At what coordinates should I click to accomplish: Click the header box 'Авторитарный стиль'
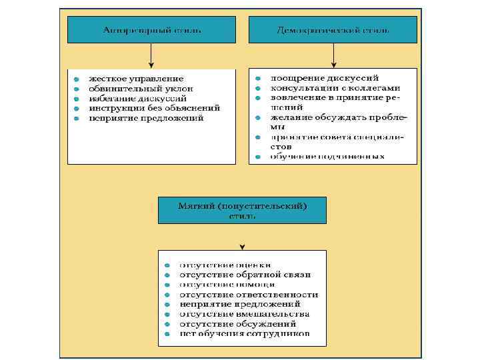151,31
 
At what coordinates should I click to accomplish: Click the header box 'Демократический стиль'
333,31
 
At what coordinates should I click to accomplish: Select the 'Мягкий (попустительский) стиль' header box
242,210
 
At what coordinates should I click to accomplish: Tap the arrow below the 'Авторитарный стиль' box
151,56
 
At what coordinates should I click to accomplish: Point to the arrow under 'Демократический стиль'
333,56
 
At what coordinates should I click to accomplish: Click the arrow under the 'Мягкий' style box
242,237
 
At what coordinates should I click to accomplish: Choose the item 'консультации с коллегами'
335,88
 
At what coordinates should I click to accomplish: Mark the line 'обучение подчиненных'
327,157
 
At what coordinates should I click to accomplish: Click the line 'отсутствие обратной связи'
245,275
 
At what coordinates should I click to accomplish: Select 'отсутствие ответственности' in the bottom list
249,294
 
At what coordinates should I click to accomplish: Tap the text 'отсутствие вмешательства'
245,313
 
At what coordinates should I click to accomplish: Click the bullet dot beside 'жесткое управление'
77,79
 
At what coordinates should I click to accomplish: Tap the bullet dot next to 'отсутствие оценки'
167,265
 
